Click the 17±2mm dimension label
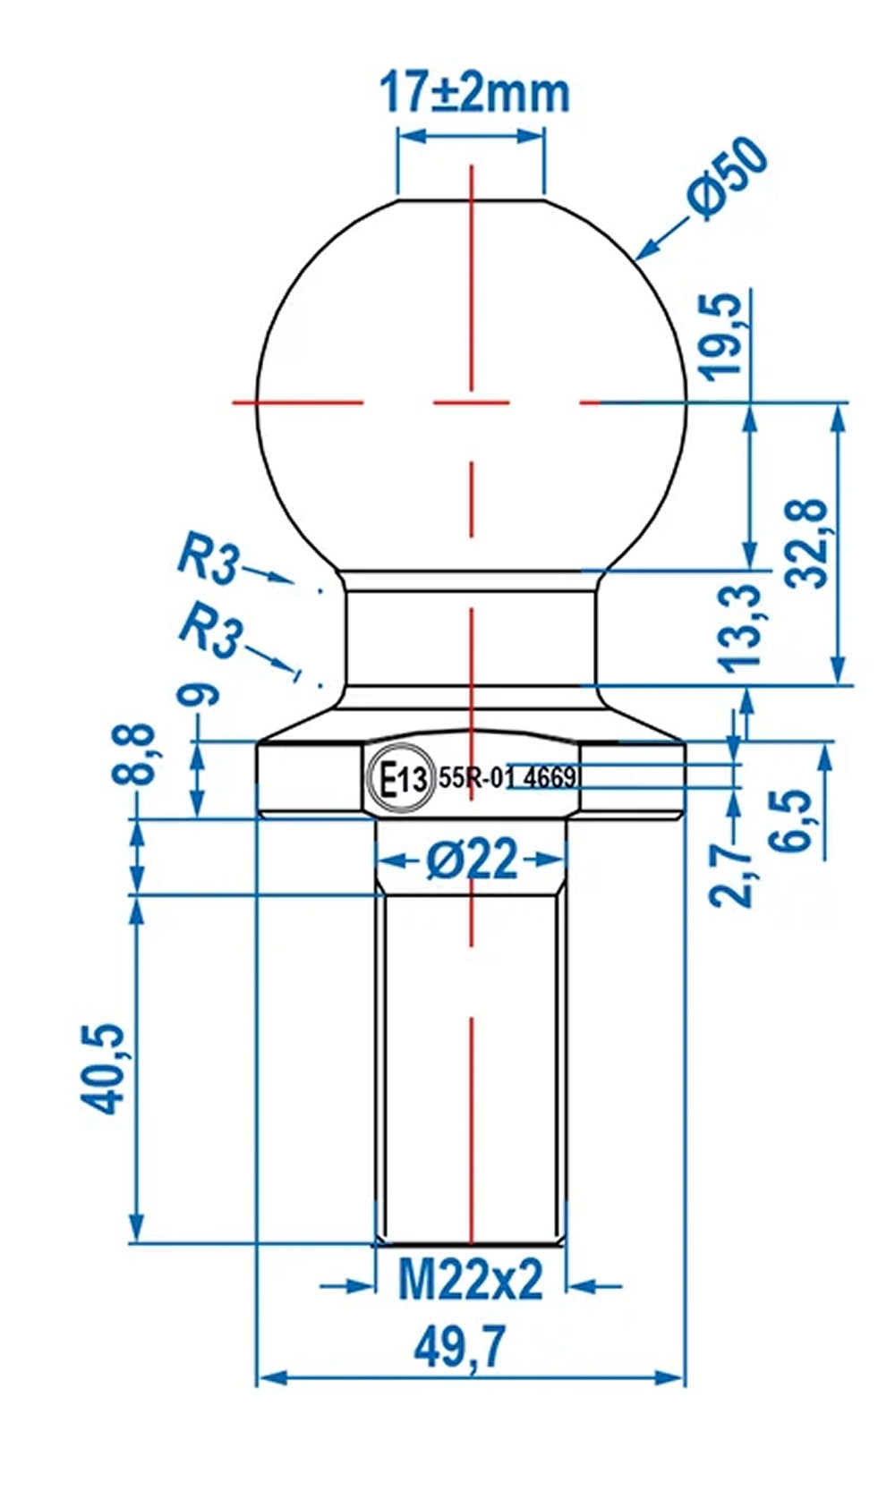474,92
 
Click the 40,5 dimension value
105,1070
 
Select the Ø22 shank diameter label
472,860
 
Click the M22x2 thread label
471,1281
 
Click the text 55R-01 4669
507,777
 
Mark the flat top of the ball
471,199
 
